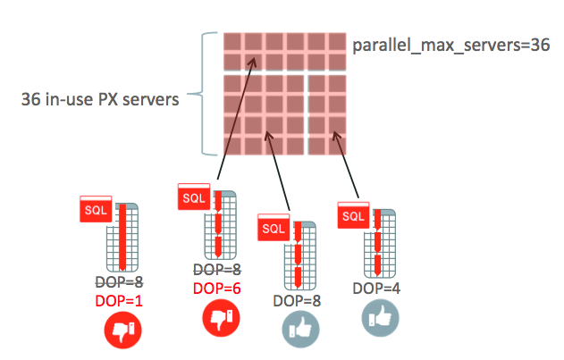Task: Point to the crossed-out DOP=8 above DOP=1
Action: point(119,282)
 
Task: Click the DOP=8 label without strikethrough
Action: point(295,301)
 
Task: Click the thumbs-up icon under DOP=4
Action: point(377,317)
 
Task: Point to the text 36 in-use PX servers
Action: point(100,99)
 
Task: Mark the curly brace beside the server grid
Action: point(208,93)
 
